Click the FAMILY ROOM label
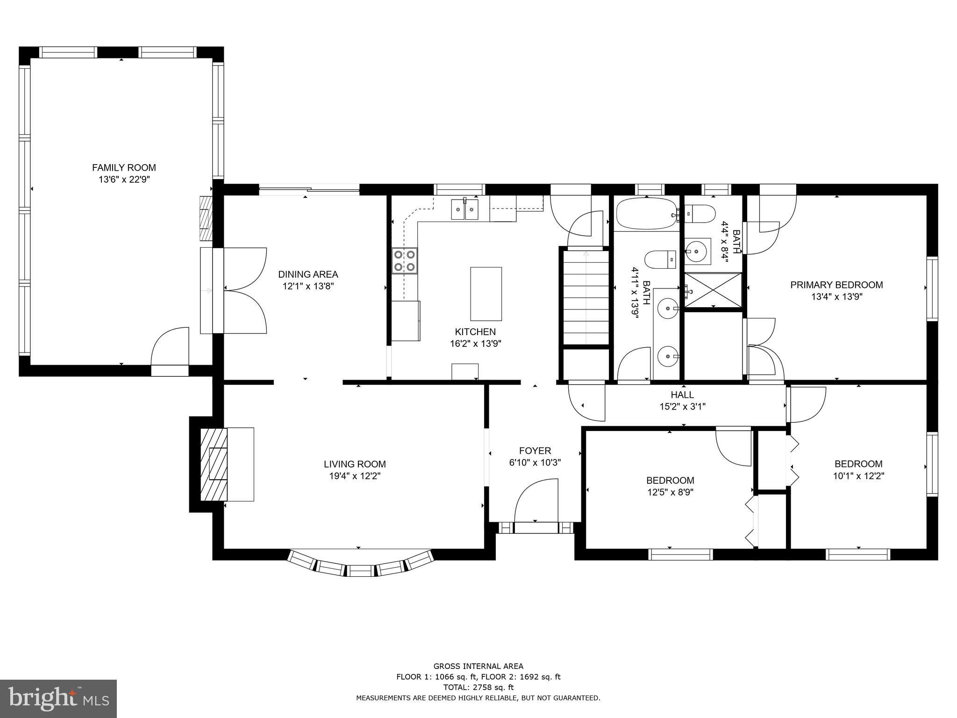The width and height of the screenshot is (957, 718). (x=124, y=167)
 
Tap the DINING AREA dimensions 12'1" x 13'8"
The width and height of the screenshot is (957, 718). (x=308, y=286)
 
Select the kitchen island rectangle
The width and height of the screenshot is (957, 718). (x=486, y=294)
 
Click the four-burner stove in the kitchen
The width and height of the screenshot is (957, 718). (x=405, y=261)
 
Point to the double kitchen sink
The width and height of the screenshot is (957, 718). (x=465, y=209)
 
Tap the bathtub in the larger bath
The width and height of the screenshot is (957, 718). (x=646, y=215)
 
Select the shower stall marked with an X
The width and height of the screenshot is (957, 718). (x=713, y=290)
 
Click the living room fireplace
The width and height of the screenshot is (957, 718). (x=214, y=464)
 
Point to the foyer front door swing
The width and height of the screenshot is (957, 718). (x=537, y=500)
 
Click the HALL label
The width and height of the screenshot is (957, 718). (x=682, y=395)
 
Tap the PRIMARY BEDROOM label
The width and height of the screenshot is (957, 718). (x=836, y=285)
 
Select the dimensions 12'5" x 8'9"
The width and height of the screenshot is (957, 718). (x=670, y=492)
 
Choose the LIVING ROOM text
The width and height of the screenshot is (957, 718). (x=355, y=464)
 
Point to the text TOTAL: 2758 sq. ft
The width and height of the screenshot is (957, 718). (x=478, y=687)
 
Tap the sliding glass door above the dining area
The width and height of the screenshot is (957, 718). (x=309, y=189)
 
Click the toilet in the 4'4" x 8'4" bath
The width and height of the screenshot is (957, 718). (x=702, y=214)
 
